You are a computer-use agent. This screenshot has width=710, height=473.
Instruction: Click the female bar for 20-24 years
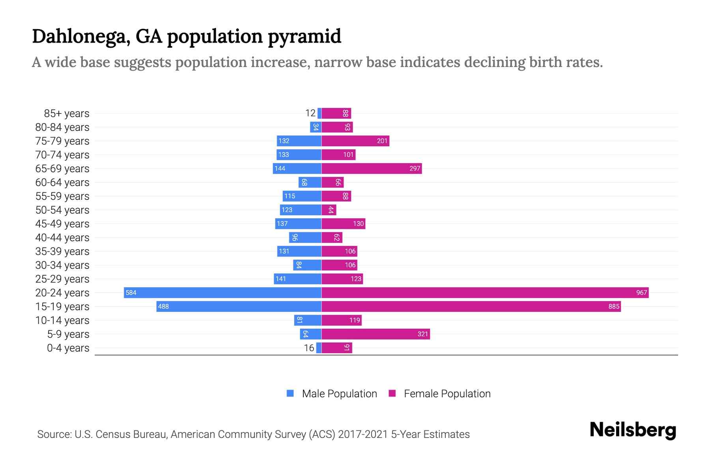(485, 292)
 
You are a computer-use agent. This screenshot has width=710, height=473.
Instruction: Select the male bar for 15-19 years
(239, 306)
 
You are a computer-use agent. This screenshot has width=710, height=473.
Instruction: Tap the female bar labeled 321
(376, 334)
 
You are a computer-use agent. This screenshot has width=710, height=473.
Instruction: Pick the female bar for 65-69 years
(372, 168)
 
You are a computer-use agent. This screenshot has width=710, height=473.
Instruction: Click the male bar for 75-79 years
(299, 141)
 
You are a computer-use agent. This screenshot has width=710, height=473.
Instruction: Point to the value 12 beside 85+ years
(310, 113)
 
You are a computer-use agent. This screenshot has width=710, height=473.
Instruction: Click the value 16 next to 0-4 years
(309, 348)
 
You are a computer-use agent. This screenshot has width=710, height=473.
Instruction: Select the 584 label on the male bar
(131, 292)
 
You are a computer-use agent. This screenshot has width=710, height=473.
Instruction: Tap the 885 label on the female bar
(614, 306)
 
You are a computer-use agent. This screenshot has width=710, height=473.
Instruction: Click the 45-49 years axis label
(62, 223)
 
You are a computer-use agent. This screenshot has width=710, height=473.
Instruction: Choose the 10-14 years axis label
(62, 320)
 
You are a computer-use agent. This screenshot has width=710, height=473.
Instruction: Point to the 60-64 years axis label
(62, 182)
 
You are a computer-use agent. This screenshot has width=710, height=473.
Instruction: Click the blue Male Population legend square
(290, 393)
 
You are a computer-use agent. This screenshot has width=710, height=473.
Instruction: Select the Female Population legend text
(447, 393)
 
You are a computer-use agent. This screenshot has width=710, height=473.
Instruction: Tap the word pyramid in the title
(305, 37)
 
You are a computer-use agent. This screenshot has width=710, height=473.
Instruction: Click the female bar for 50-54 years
(329, 210)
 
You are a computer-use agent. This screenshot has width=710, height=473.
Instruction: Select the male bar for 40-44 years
(305, 237)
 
